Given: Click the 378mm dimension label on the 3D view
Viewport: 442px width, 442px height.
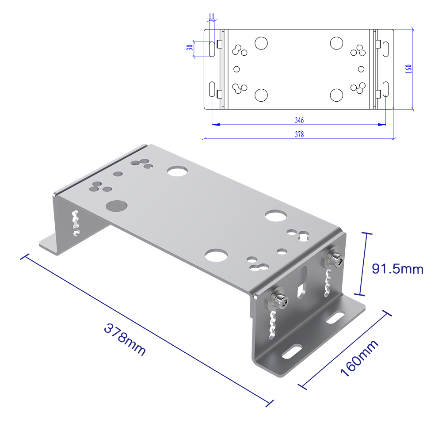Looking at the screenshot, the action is [125, 339].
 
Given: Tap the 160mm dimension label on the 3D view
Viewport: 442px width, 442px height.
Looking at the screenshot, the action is [359, 358].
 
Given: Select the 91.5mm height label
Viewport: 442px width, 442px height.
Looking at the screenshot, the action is [397, 269].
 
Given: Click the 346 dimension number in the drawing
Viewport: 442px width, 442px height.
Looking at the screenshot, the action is [299, 120].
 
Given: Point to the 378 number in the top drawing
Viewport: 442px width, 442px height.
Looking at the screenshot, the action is [299, 134].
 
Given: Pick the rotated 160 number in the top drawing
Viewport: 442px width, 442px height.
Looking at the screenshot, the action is [409, 69].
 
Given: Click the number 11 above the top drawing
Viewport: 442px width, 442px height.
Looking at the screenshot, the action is [212, 16].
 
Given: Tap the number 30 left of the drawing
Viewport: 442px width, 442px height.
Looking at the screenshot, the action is [190, 47].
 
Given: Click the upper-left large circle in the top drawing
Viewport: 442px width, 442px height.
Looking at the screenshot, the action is [261, 43].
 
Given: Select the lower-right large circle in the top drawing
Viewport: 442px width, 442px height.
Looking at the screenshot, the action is [336, 95].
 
